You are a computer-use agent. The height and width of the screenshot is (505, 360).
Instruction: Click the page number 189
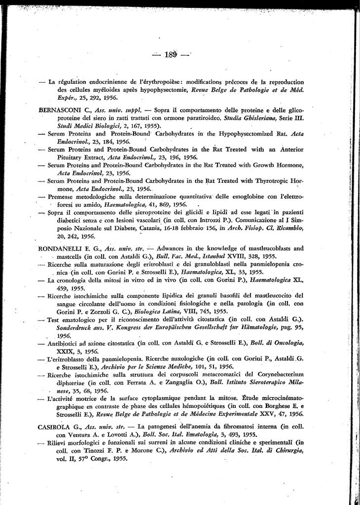(172, 54)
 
